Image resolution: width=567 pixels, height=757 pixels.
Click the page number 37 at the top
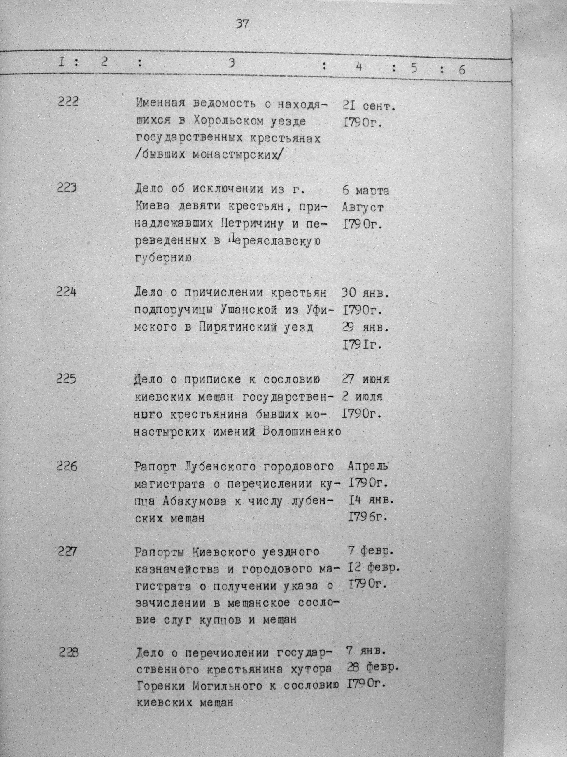click(242, 25)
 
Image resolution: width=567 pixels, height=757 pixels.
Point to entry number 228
click(69, 653)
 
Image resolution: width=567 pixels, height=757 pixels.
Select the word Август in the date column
click(362, 207)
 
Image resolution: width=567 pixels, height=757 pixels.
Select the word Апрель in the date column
click(368, 466)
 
